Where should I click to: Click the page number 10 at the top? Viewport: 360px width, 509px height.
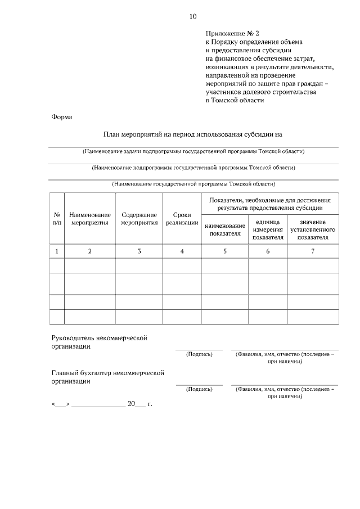(x=193, y=16)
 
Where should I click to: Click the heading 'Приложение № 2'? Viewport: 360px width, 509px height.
(x=232, y=34)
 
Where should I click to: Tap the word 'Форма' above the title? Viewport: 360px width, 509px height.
(x=61, y=117)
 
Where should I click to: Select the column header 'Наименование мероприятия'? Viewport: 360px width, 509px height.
(x=90, y=219)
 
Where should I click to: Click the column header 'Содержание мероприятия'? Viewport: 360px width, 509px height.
(x=139, y=219)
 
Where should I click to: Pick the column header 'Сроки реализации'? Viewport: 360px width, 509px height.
(x=182, y=219)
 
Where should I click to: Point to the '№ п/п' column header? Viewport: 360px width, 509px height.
(x=57, y=219)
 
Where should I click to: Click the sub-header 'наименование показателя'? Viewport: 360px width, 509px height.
(x=225, y=229)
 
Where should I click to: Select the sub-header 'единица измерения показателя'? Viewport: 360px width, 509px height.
(x=268, y=229)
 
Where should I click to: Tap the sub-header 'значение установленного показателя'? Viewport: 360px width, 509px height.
(x=313, y=229)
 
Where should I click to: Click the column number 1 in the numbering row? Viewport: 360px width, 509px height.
(x=57, y=251)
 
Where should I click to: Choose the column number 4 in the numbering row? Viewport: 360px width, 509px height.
(x=182, y=251)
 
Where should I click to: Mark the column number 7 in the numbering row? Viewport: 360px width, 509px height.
(x=313, y=251)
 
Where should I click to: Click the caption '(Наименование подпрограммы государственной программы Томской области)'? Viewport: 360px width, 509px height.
(x=193, y=168)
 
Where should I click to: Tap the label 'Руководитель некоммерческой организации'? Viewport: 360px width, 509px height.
(x=99, y=343)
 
